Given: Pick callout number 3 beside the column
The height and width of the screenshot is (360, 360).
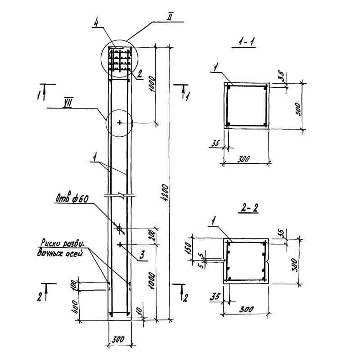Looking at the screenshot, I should coord(142,256).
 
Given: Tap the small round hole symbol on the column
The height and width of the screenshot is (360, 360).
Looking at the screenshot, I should coord(119,229).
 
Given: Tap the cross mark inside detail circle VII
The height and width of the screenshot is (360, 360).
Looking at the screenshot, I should coord(119,122).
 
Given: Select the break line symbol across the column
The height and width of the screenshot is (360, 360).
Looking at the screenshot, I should coord(120,195).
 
